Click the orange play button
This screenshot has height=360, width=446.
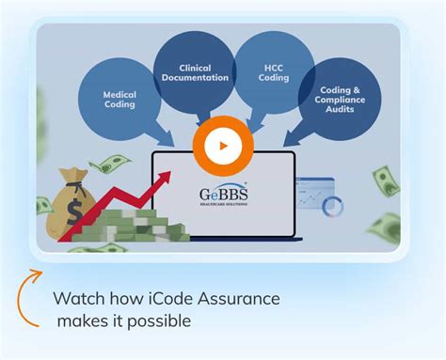223,147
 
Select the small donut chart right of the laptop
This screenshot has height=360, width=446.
332,206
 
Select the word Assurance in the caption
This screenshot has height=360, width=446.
247,300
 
